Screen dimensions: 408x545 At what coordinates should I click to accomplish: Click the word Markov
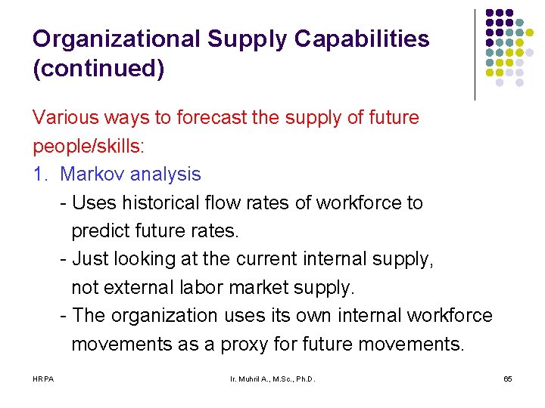93,174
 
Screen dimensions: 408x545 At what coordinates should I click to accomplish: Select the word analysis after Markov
165,174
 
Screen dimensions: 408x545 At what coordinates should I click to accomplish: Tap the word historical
158,202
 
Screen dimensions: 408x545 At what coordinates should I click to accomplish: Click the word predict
98,230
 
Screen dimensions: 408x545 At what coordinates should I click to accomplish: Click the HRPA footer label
43,378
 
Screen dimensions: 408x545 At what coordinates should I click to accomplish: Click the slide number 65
507,378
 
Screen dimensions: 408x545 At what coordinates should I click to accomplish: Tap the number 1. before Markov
41,174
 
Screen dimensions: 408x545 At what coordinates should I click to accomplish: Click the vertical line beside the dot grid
475,54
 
